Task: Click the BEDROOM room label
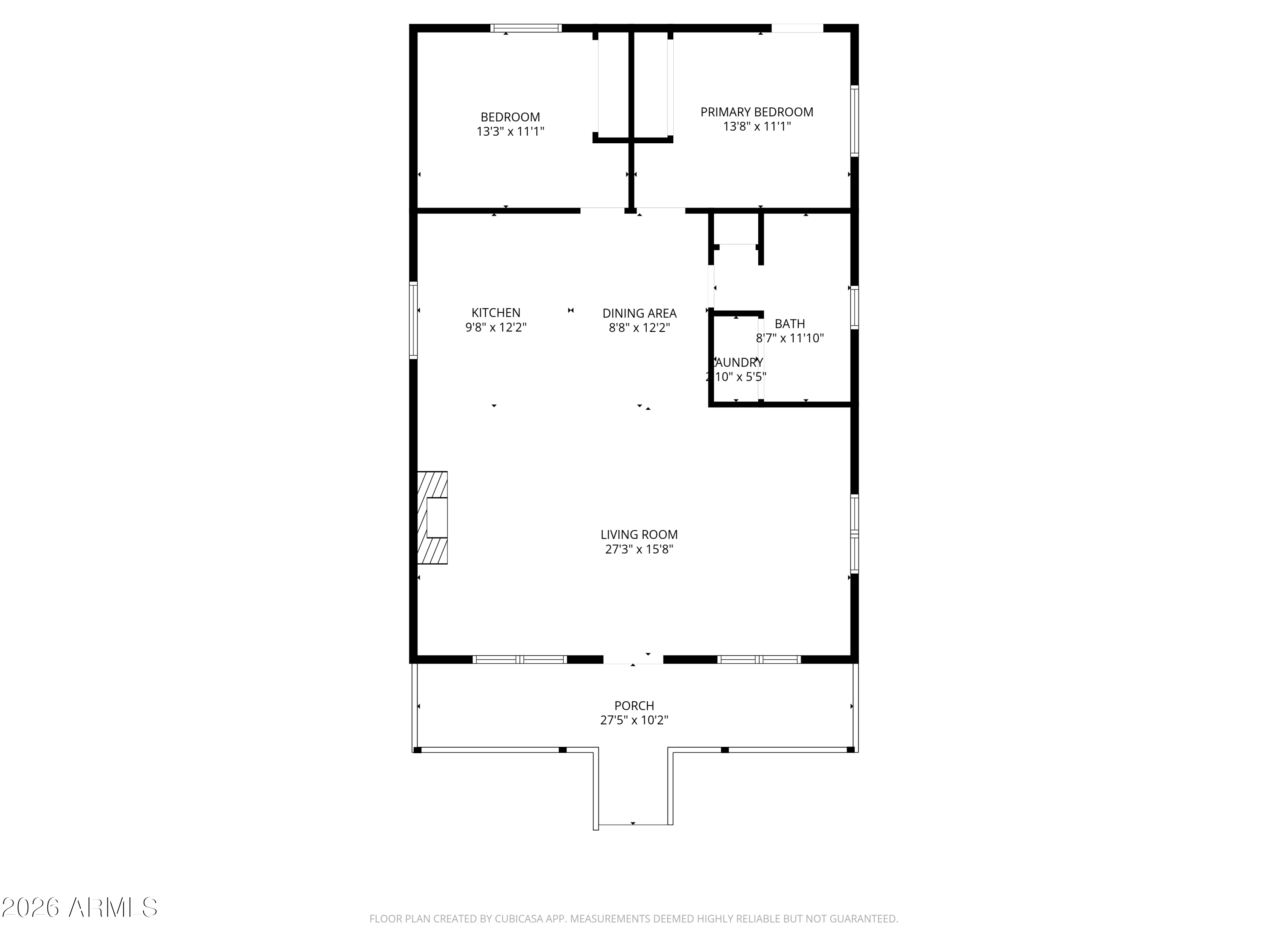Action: (510, 117)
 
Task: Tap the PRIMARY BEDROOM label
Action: (756, 112)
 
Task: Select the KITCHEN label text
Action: (496, 312)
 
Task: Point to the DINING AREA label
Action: (639, 313)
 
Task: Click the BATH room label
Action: (790, 323)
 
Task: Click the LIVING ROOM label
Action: (639, 534)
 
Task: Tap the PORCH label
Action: (634, 706)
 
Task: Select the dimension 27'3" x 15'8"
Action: (639, 549)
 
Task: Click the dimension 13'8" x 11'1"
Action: (756, 126)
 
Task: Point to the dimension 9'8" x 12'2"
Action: (496, 327)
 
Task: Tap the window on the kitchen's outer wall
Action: (413, 320)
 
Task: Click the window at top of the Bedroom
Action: (526, 28)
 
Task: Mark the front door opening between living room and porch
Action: (633, 659)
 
